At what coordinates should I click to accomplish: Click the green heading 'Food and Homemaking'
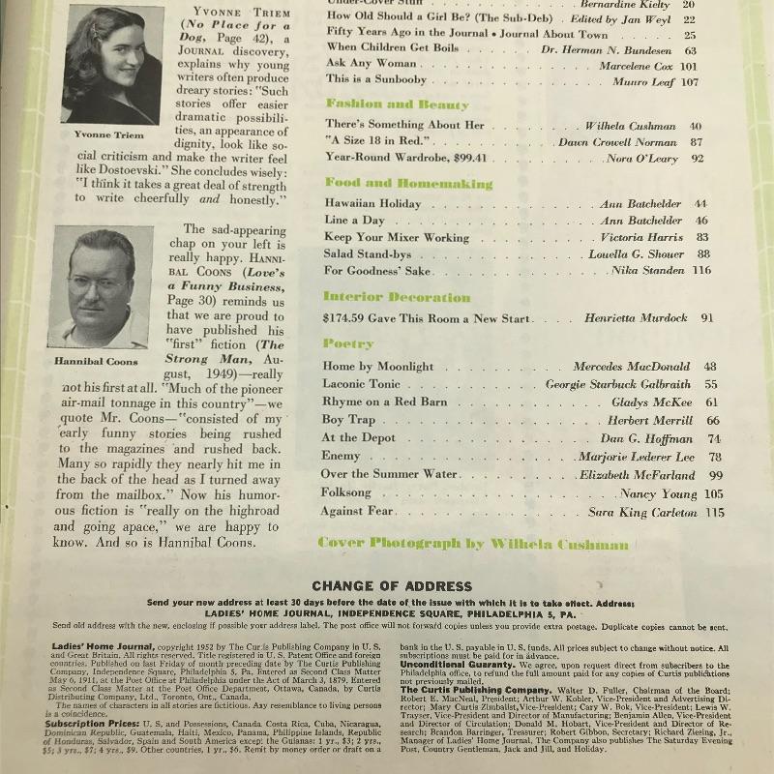click(395, 183)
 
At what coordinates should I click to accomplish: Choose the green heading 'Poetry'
click(348, 343)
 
